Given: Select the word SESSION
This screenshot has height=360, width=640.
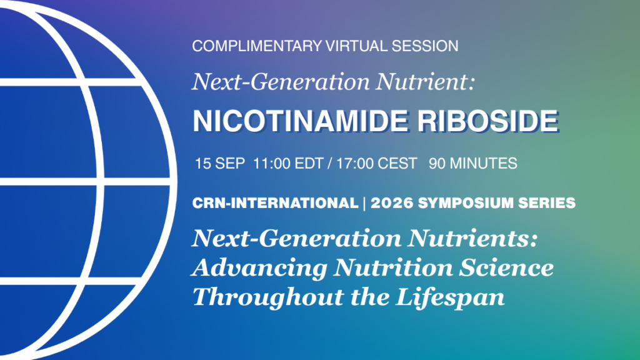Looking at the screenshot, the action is (x=425, y=46).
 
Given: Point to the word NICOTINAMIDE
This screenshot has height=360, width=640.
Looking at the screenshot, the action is (x=300, y=121).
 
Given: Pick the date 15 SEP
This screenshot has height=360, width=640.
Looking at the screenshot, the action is (x=219, y=164).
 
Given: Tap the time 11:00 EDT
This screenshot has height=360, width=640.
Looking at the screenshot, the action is (x=288, y=164).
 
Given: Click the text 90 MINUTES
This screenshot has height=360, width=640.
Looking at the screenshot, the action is (x=472, y=164).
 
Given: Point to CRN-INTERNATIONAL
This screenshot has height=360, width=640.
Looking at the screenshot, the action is (x=275, y=203).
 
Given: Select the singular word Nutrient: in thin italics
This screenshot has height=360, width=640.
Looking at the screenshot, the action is (x=425, y=82).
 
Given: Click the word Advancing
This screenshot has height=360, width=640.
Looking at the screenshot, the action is (x=259, y=267).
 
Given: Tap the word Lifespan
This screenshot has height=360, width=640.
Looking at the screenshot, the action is (x=450, y=297).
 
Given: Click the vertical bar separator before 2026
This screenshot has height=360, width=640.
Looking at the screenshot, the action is (x=364, y=203).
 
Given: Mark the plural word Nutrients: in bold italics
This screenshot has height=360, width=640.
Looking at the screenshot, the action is (x=472, y=238).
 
